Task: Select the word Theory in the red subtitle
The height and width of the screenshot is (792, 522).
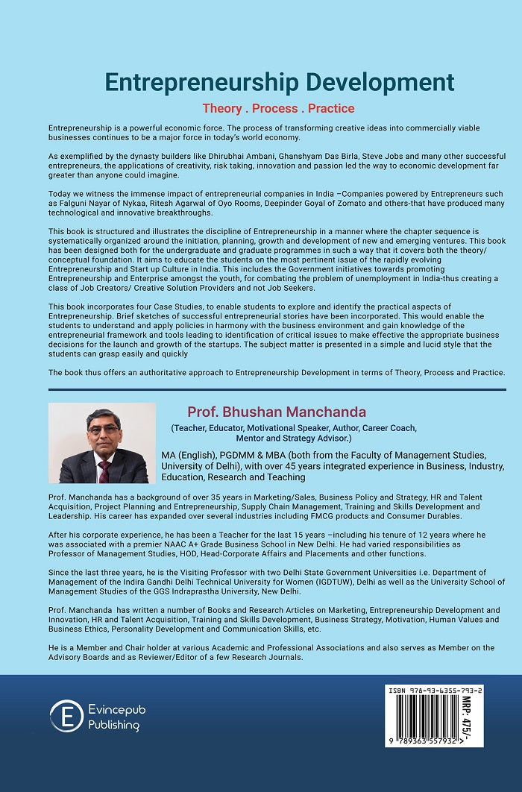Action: [x=222, y=109]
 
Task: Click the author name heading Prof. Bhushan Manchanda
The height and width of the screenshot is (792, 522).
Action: [x=277, y=412]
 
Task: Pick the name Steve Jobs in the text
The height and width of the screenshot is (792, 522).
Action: [x=357, y=157]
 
